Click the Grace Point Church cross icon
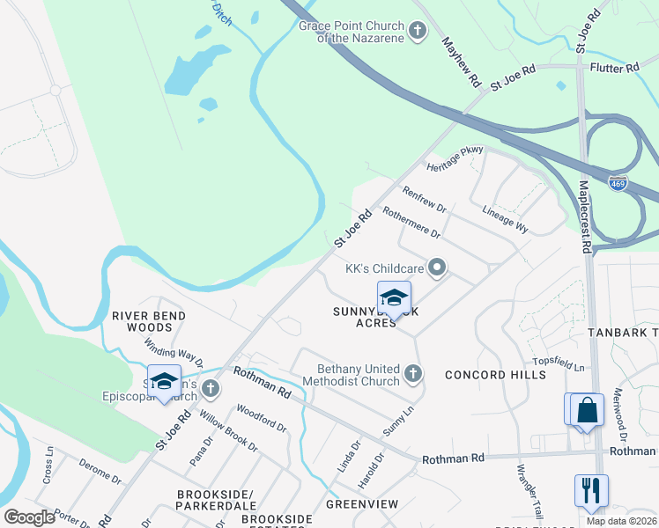tap(418, 32)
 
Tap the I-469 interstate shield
tap(618, 183)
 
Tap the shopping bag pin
tap(587, 409)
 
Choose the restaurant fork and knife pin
tap(590, 490)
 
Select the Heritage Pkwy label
tap(455, 158)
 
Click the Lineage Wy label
tap(506, 220)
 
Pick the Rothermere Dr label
tap(411, 221)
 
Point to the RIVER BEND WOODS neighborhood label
tap(149, 321)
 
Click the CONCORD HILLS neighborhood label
tap(494, 375)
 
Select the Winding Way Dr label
tap(174, 355)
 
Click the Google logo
tap(30, 517)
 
